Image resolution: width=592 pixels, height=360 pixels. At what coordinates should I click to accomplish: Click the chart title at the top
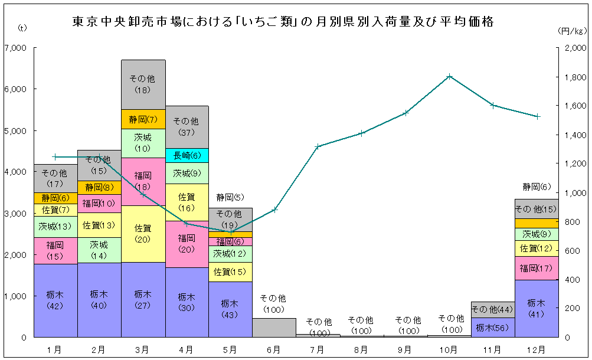283,22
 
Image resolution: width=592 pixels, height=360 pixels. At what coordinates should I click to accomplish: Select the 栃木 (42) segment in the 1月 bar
55,300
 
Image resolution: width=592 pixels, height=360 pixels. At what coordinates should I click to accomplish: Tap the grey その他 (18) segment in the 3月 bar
143,84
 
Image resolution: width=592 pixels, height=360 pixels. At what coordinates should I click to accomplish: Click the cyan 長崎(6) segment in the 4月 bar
187,155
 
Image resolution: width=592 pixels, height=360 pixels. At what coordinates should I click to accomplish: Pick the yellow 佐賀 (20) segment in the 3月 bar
143,234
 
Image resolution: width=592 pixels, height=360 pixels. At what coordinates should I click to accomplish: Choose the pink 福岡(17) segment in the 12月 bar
537,268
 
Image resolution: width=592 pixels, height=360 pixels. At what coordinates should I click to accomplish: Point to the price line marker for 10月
450,76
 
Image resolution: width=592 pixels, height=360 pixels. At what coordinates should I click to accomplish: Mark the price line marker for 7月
318,146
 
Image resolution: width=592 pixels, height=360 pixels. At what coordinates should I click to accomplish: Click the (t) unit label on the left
22,28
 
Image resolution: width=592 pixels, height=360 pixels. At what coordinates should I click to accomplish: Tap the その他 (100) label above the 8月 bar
361,326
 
